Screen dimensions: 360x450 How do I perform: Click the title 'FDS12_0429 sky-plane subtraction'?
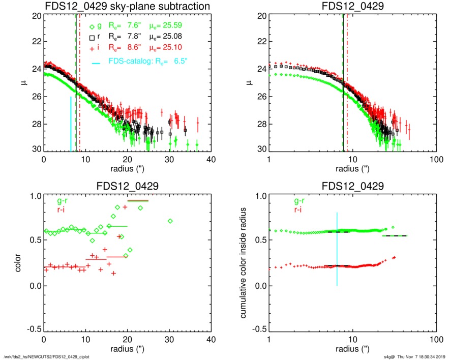(x=128, y=7)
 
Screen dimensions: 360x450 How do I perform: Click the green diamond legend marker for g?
(x=92, y=26)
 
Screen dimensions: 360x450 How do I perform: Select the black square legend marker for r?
(x=92, y=37)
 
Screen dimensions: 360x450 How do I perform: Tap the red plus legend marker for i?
(x=92, y=48)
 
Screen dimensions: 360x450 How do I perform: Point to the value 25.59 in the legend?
(x=173, y=26)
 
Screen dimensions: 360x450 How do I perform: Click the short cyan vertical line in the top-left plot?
(x=71, y=124)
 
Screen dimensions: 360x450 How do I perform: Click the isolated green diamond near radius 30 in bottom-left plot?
(x=170, y=221)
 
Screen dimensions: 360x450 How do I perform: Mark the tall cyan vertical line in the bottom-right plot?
(x=337, y=249)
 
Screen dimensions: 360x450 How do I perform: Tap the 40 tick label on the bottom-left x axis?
(x=211, y=340)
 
